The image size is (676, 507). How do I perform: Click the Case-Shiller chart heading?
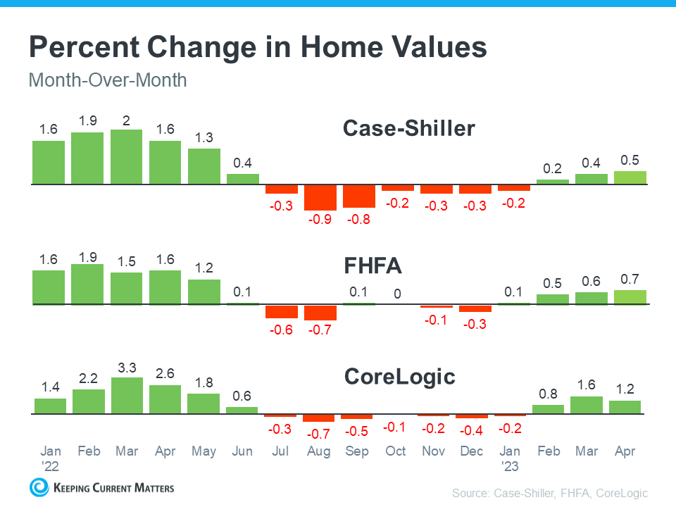pyautogui.click(x=408, y=129)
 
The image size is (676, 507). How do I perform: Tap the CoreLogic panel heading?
pyautogui.click(x=399, y=377)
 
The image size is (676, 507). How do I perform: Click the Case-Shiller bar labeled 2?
pyautogui.click(x=126, y=157)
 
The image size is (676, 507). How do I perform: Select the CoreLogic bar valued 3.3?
pyautogui.click(x=126, y=396)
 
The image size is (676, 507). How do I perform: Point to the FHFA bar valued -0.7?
pyautogui.click(x=320, y=312)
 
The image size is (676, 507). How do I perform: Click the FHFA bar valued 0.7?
pyautogui.click(x=630, y=297)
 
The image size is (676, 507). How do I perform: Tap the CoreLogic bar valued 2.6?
pyautogui.click(x=165, y=399)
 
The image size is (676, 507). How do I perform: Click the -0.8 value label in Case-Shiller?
pyautogui.click(x=358, y=220)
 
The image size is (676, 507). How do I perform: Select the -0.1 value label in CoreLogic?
pyautogui.click(x=396, y=427)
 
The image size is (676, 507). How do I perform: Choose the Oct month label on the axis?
pyautogui.click(x=396, y=451)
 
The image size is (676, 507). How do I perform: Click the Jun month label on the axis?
pyautogui.click(x=242, y=451)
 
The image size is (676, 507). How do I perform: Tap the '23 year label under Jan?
pyautogui.click(x=510, y=465)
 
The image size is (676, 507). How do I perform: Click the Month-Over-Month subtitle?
pyautogui.click(x=108, y=80)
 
